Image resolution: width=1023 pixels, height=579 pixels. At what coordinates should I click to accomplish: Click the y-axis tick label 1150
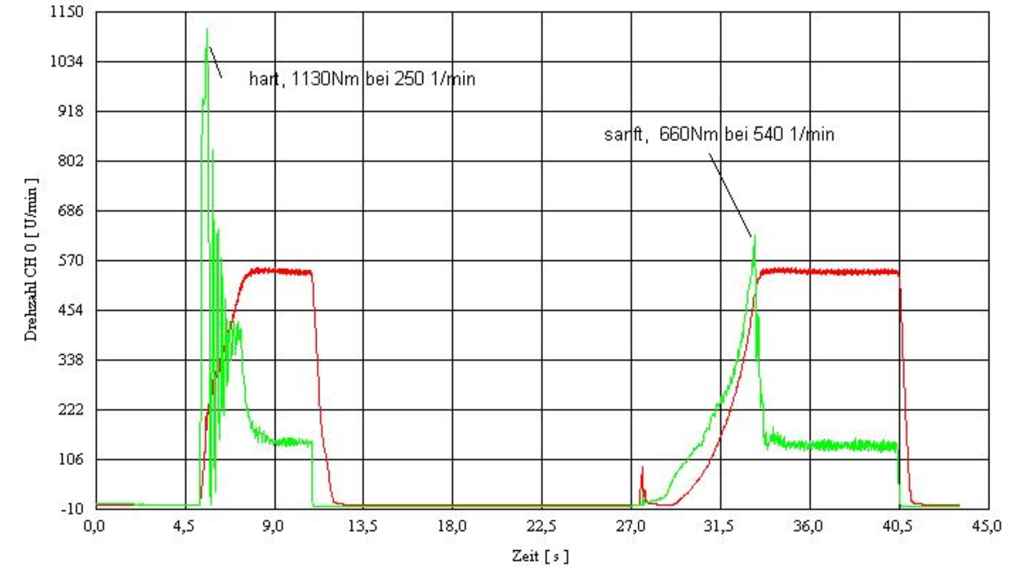coord(67,12)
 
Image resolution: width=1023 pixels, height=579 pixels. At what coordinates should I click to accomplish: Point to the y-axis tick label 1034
coord(67,62)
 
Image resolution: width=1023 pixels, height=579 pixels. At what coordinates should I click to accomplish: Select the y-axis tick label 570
coord(71,260)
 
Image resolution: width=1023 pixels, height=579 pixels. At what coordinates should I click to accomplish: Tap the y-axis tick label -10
coord(72,509)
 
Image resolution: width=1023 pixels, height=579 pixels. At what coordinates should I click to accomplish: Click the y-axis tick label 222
coord(71,409)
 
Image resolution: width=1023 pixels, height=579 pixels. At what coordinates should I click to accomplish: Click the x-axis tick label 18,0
coord(452,526)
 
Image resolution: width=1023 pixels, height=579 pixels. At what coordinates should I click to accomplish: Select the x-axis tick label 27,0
coord(631,526)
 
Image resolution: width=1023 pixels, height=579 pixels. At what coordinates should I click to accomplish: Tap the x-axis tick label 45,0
coord(987,526)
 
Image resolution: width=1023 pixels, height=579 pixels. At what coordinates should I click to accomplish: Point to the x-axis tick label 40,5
coord(898,526)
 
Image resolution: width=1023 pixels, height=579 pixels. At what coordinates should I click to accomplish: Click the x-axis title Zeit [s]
coord(541,556)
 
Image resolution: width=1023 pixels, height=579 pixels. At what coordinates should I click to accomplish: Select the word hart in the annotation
coord(264,79)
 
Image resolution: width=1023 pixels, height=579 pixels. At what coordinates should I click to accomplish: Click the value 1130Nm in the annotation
coord(325,79)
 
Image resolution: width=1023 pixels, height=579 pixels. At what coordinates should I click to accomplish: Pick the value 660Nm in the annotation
coord(689,134)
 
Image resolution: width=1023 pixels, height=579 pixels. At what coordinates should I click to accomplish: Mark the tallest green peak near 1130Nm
coord(207,29)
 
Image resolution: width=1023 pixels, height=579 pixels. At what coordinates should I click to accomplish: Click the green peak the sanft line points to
coord(754,237)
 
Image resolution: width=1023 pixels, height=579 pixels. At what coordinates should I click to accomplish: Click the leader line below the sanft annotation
coord(730,195)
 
